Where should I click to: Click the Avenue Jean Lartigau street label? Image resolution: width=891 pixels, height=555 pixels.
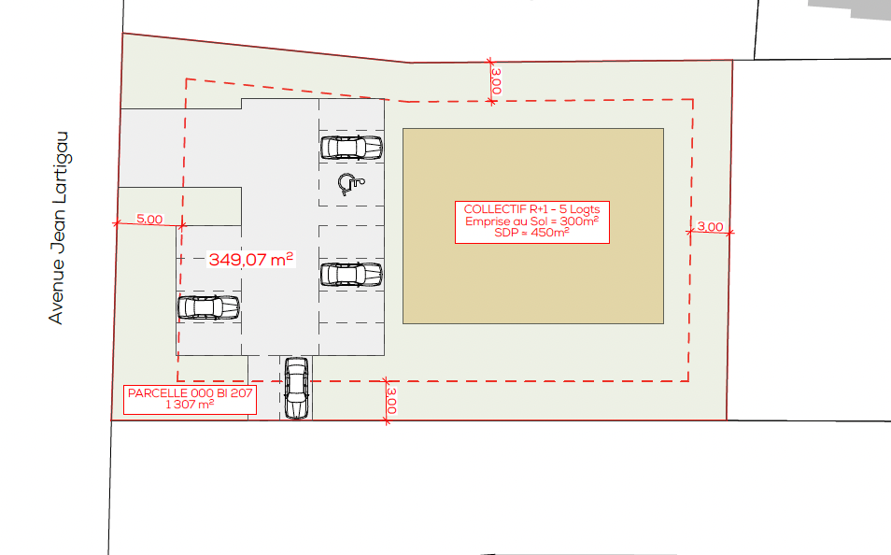(59, 228)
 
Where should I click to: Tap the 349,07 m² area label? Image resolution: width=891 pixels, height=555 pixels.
(251, 260)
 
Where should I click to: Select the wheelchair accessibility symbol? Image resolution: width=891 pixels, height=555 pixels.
(350, 184)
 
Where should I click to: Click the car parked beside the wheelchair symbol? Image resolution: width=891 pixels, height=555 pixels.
(351, 148)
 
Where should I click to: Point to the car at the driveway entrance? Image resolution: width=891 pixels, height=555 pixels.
(296, 389)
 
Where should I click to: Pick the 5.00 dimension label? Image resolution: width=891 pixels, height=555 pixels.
(149, 219)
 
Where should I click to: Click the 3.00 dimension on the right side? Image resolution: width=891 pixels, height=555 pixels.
(711, 226)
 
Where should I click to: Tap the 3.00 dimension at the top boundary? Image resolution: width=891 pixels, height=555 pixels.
(496, 81)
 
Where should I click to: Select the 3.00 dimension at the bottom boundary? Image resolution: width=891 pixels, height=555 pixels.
(391, 401)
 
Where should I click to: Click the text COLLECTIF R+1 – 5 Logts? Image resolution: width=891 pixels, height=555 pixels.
(531, 209)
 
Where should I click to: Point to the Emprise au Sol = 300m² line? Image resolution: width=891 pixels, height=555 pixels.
(531, 221)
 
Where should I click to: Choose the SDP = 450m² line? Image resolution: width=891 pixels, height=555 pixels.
(531, 232)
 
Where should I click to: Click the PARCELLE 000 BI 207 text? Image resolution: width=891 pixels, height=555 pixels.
(190, 393)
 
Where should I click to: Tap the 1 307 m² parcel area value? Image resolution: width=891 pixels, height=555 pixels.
(190, 405)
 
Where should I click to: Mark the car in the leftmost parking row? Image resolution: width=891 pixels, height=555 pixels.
(208, 307)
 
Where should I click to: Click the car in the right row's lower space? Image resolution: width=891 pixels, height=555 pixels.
(351, 274)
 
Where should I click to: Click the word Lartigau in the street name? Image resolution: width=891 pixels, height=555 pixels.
(59, 167)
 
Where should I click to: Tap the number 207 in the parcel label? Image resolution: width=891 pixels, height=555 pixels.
(241, 393)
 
